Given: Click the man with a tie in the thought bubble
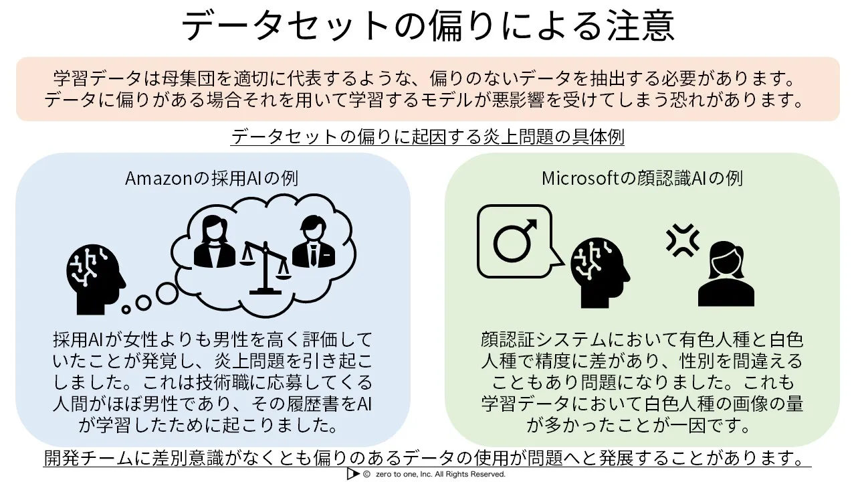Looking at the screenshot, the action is pyautogui.click(x=314, y=242).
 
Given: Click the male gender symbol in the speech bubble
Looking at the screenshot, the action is pyautogui.click(x=515, y=240).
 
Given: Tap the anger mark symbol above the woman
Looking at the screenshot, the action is pyautogui.click(x=683, y=240).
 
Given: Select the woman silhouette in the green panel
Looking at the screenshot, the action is pyautogui.click(x=726, y=274).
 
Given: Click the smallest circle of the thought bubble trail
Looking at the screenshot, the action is pyautogui.click(x=126, y=309).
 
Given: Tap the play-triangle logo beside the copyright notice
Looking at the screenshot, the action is pyautogui.click(x=352, y=473).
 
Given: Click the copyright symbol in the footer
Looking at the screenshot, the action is pyautogui.click(x=366, y=474).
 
